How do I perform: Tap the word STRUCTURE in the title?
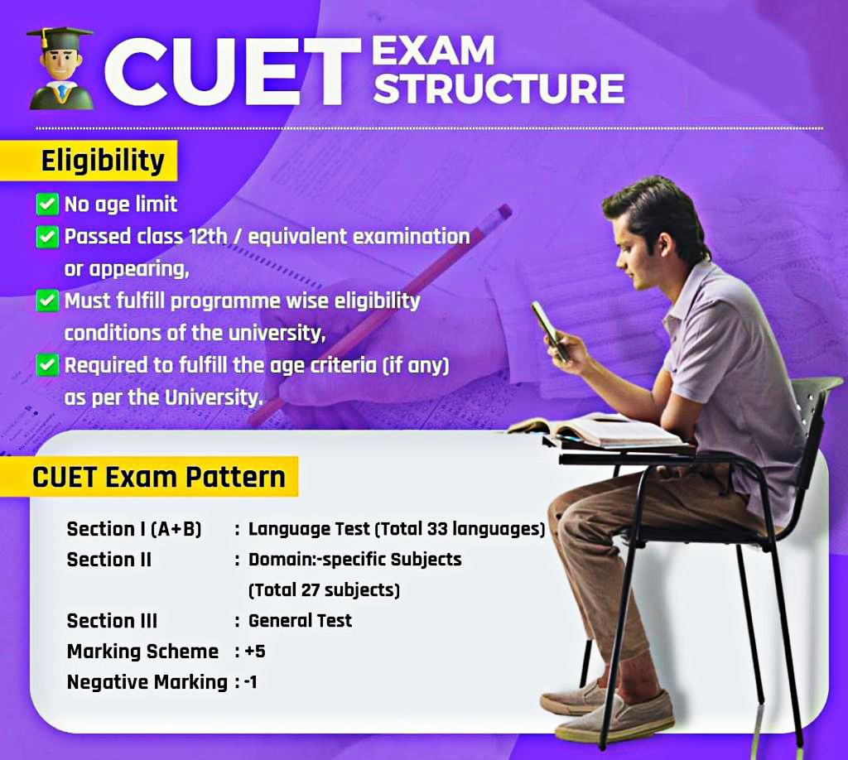[x=499, y=89]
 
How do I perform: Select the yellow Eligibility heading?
[x=103, y=161]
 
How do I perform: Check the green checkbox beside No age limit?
[x=48, y=204]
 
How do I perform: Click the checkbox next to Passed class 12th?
[x=48, y=237]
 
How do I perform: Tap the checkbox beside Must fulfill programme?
[x=48, y=301]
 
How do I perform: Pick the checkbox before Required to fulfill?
[x=48, y=365]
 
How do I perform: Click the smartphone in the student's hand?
[x=550, y=329]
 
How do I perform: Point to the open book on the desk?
[x=596, y=429]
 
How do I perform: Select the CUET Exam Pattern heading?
[x=158, y=477]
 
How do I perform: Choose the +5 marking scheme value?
[x=255, y=652]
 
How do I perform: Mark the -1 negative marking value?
[x=251, y=683]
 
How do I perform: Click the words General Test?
[x=300, y=621]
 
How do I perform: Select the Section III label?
[x=112, y=621]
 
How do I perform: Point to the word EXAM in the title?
[x=432, y=51]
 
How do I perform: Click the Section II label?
[x=108, y=560]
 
